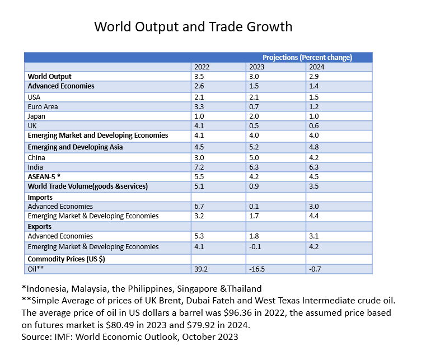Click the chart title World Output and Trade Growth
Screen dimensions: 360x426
click(x=193, y=27)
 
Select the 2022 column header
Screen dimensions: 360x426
click(x=202, y=67)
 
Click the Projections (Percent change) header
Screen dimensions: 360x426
click(x=307, y=57)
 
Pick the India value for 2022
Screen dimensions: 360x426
click(x=199, y=167)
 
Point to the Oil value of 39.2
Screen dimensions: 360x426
click(x=202, y=269)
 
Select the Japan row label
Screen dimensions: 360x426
click(x=36, y=116)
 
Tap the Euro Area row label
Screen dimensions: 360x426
click(x=43, y=106)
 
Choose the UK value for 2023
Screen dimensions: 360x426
click(x=256, y=126)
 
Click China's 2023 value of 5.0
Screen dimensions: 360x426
click(x=256, y=157)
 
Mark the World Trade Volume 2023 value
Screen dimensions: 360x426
click(x=256, y=186)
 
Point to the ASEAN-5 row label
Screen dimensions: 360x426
click(x=44, y=176)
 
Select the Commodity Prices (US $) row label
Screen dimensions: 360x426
click(x=66, y=259)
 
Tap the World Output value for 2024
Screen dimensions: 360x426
click(x=314, y=76)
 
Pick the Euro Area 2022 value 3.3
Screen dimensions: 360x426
click(x=199, y=106)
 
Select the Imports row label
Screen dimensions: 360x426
click(x=40, y=197)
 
